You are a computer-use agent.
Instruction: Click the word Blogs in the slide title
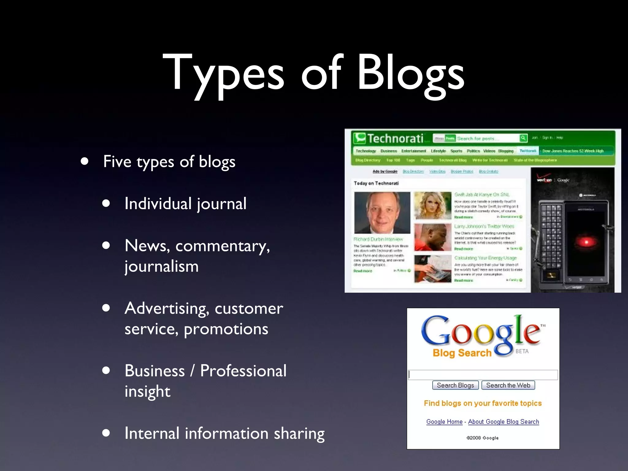tap(411, 74)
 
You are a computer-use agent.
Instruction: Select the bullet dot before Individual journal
tap(106, 203)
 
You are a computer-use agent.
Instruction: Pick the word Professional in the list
tap(243, 371)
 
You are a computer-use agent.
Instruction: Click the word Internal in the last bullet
tap(152, 433)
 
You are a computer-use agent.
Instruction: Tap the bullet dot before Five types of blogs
tap(85, 161)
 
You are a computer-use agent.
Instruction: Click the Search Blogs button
tap(455, 385)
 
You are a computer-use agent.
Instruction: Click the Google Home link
tap(444, 422)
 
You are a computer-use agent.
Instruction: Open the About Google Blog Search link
tap(504, 422)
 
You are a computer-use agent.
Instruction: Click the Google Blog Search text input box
tap(483, 375)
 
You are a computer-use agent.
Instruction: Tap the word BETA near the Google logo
tap(522, 351)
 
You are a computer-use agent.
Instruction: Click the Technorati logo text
tap(395, 139)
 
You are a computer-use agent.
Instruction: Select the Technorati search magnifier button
tap(523, 138)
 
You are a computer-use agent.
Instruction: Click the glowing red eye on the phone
tap(586, 242)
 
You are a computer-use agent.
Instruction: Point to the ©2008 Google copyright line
tap(483, 438)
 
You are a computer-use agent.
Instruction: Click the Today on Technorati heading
tap(376, 183)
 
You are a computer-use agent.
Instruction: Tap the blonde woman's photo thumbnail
tap(433, 205)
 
